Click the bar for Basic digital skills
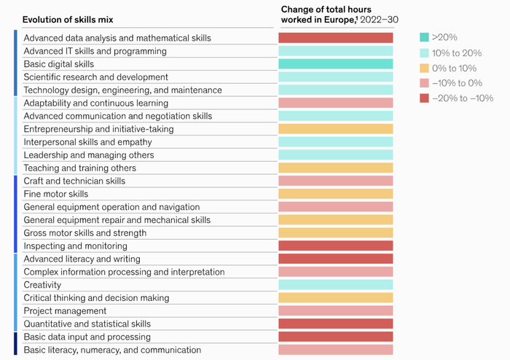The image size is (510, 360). click(x=335, y=64)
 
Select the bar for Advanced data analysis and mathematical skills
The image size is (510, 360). click(x=335, y=38)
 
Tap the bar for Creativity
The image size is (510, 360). click(x=335, y=285)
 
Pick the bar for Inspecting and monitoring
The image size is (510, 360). click(x=335, y=246)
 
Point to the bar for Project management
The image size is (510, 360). click(x=335, y=311)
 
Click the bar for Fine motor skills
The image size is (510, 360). click(x=335, y=194)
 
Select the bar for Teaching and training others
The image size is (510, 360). click(x=335, y=168)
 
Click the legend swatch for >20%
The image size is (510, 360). click(x=424, y=36)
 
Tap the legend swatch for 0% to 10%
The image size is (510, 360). click(x=424, y=67)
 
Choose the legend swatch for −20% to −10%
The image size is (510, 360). click(x=424, y=98)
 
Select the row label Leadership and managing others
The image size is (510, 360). click(x=89, y=155)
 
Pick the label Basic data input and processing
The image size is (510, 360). click(x=87, y=337)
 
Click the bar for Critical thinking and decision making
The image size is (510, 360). click(x=335, y=298)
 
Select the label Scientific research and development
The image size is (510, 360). click(x=95, y=77)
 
